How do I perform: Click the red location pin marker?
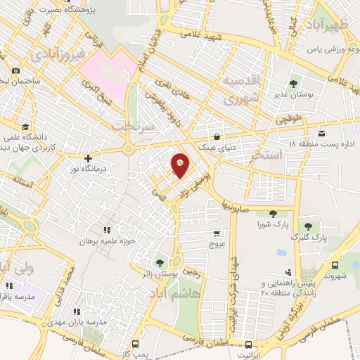[180, 165]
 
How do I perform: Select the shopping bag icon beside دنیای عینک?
[218, 137]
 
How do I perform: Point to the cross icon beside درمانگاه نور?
[87, 158]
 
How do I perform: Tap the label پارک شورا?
[272, 225]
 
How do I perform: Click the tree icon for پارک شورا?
[273, 214]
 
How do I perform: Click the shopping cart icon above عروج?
[216, 233]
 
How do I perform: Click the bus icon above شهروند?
[334, 265]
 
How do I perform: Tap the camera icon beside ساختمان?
[16, 70]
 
